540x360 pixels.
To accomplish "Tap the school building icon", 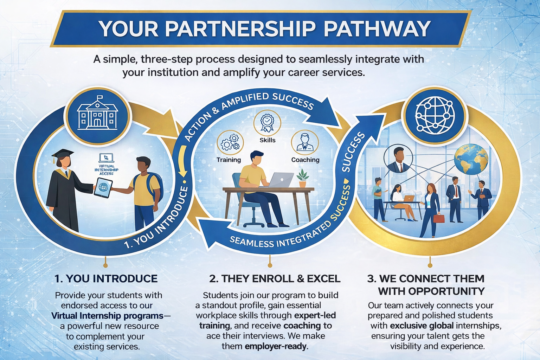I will pos(98,114).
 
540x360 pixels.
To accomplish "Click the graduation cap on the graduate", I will pos(62,154).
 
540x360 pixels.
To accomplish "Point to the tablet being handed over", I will pos(103,187).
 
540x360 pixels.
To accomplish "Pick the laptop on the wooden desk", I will pos(281,180).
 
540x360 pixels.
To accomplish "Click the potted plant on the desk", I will pos(302,178).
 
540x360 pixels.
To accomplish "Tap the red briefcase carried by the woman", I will pos(439,218).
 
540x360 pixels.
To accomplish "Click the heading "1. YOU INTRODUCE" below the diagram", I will pos(106,278).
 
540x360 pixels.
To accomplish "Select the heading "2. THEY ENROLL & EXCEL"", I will pos(275,279).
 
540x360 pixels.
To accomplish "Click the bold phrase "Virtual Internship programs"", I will pos(107,316).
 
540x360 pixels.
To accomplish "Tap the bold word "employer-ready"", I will pos(276,346).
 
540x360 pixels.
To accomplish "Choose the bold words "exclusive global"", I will pos(422,326).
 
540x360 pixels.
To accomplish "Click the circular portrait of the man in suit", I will pos(398,160).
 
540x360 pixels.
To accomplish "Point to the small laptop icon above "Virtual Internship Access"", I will pos(106,158).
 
